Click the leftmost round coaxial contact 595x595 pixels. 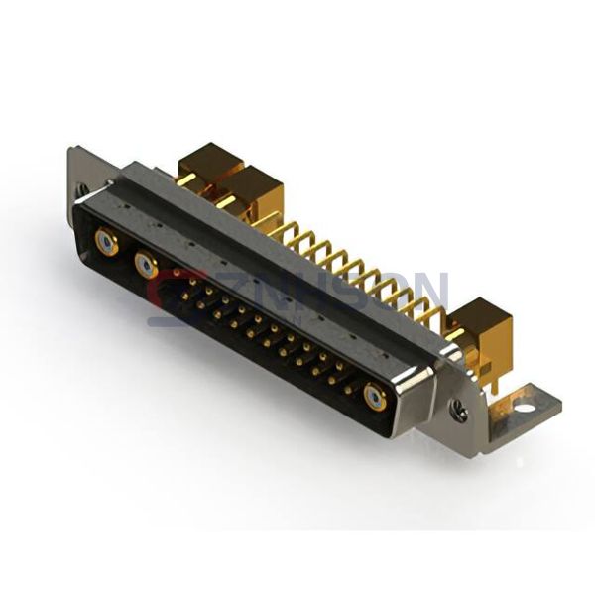point(105,241)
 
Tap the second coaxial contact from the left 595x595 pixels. point(146,265)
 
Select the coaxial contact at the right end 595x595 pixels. point(374,398)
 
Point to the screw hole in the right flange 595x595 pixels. point(459,406)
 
